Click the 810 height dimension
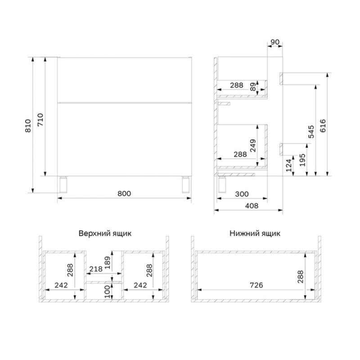(x=28, y=126)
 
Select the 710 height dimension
(x=40, y=120)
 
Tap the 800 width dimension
(x=124, y=193)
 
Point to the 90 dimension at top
(x=275, y=42)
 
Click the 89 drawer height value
(x=253, y=87)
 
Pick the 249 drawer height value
(x=253, y=145)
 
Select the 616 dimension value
(x=323, y=126)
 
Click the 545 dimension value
(x=311, y=131)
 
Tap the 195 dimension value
(x=302, y=160)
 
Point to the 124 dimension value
(x=289, y=166)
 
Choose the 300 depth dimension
(x=242, y=194)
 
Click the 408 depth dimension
(x=252, y=206)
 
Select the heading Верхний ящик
(x=105, y=234)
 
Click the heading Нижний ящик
(x=255, y=234)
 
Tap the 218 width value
(x=96, y=269)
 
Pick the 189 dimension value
(x=108, y=263)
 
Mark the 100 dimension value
(x=108, y=292)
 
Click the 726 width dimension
(x=256, y=285)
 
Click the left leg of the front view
(x=63, y=184)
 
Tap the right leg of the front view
(x=186, y=184)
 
